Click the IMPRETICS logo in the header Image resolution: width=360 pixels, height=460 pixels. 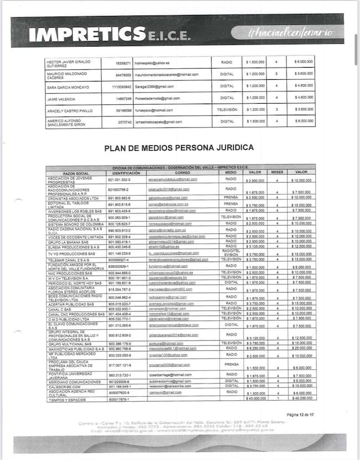[x=109, y=34]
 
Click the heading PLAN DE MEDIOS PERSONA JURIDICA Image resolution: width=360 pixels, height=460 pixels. [x=179, y=148]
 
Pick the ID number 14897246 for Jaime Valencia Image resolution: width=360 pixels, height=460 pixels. [x=122, y=99]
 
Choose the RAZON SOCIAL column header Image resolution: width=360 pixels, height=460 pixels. [x=76, y=173]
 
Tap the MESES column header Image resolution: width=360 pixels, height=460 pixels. [x=277, y=172]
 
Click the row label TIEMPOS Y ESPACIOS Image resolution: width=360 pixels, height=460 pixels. [x=67, y=399]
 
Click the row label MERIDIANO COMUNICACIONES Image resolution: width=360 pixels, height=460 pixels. [x=72, y=381]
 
